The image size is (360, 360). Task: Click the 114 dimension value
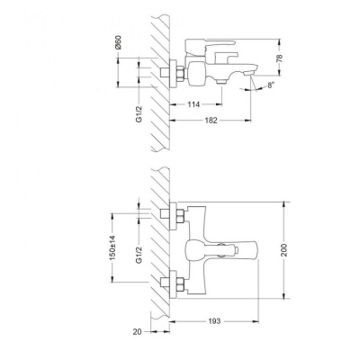coord(193,104)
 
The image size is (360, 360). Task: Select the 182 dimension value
coord(211,121)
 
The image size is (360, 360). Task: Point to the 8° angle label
coord(271,85)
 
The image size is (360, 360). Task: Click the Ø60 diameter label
coord(118,42)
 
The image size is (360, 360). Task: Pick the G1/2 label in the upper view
coord(139,114)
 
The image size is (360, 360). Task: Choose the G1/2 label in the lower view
coord(139,255)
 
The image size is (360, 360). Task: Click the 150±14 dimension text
coord(112,247)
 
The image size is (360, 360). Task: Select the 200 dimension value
coord(284,250)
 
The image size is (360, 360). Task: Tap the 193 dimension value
coord(214,321)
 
